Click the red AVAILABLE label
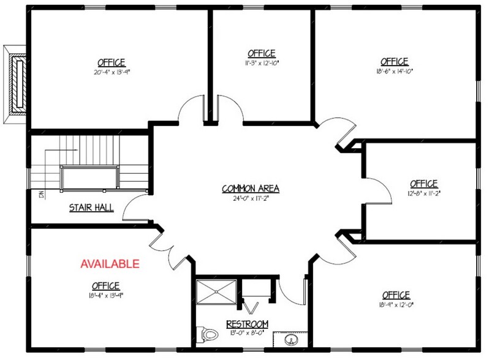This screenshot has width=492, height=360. [x=110, y=264]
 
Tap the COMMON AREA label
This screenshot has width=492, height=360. [x=246, y=188]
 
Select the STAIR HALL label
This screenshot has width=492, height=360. [x=91, y=208]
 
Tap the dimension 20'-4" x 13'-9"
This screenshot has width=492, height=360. [x=111, y=72]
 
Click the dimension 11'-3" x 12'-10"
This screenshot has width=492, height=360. [x=262, y=63]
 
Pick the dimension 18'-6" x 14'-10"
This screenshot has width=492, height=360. [x=394, y=71]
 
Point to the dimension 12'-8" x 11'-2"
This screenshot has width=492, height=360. [x=423, y=192]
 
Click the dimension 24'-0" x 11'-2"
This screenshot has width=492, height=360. [x=246, y=197]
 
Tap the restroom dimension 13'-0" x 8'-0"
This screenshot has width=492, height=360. [x=248, y=332]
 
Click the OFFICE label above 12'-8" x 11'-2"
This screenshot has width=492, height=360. [x=424, y=183]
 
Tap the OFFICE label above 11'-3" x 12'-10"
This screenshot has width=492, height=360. [x=262, y=54]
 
